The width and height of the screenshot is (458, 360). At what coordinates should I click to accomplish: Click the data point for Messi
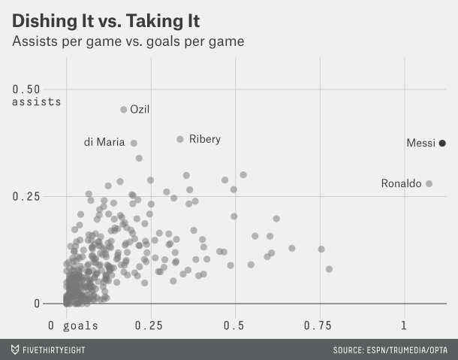point(442,143)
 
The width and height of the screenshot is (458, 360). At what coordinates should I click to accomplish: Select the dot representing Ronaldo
point(429,183)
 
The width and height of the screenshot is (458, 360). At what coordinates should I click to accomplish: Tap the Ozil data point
point(124,110)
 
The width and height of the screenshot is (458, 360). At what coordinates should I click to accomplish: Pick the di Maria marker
point(134,143)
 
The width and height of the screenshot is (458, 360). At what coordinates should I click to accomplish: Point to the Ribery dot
point(180,139)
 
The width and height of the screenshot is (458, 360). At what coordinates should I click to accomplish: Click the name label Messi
point(420,143)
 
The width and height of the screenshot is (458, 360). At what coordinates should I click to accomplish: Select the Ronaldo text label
point(401,183)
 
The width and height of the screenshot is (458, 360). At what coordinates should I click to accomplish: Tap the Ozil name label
point(140,110)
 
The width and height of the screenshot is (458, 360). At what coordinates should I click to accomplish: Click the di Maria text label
point(104,143)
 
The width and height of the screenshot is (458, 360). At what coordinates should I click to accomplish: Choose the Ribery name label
point(205,139)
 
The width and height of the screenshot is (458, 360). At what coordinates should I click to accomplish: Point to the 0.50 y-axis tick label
point(28,89)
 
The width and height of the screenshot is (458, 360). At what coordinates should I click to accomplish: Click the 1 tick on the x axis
point(404,325)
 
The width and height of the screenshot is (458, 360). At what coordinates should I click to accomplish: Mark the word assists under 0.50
point(36,101)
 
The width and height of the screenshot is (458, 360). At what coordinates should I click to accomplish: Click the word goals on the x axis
point(80,325)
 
